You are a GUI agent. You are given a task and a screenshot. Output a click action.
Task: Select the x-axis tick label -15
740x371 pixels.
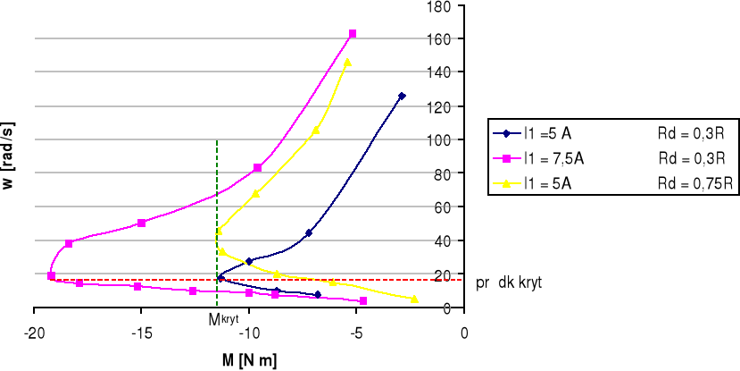pos(141,333)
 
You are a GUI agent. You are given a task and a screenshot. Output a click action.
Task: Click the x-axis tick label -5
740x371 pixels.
pos(356,333)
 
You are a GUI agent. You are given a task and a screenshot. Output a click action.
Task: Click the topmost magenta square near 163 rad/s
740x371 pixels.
pos(353,34)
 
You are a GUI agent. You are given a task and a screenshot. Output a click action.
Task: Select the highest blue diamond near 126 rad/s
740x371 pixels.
pos(402,96)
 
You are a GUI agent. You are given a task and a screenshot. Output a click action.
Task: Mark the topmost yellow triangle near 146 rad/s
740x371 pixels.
pos(347,63)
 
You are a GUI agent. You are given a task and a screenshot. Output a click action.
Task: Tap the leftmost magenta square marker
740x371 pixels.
pos(51,275)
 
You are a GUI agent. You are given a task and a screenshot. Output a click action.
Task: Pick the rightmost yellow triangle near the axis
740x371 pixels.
pos(414,299)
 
